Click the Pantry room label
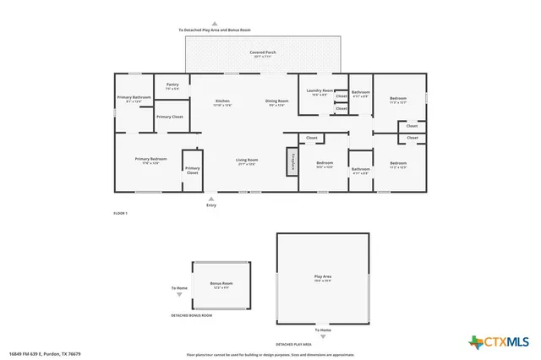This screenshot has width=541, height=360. click(172, 85)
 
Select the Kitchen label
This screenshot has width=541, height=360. click(222, 102)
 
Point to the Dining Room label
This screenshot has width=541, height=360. click(278, 102)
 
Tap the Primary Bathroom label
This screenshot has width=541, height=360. click(134, 98)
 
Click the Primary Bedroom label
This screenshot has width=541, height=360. click(151, 160)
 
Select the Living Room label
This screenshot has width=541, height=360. click(247, 160)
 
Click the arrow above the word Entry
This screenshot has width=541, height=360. click(211, 198)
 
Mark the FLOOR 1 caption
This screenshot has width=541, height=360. click(120, 213)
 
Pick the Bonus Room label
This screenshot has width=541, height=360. click(221, 285)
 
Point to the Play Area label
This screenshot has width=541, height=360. click(322, 276)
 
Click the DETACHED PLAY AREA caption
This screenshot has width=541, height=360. click(294, 345)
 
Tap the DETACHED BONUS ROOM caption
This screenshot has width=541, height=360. click(192, 315)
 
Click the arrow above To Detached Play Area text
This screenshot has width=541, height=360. click(214, 24)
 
